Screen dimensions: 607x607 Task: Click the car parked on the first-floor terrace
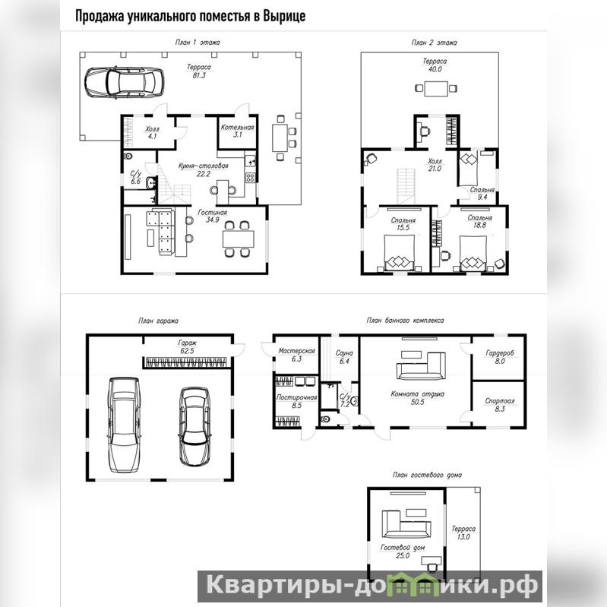(x=124, y=83)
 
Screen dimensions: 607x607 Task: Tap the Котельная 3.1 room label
(x=237, y=131)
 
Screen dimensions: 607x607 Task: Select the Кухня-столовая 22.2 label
(x=204, y=169)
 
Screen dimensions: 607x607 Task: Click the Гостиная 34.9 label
(x=213, y=216)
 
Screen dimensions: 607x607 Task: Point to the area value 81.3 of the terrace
(x=199, y=75)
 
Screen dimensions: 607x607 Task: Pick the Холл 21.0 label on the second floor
(x=435, y=165)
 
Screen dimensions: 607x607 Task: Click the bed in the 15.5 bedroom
(x=399, y=253)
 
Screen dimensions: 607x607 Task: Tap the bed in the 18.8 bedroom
(x=473, y=253)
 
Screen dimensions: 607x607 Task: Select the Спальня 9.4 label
(x=482, y=194)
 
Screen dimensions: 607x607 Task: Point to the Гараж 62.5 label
(x=187, y=347)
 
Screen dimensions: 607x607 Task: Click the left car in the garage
(x=124, y=425)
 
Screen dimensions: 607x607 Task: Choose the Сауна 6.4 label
(x=344, y=357)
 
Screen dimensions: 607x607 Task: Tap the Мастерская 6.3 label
(x=296, y=355)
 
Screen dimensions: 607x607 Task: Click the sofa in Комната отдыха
(x=421, y=366)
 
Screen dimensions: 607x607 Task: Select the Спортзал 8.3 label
(x=500, y=404)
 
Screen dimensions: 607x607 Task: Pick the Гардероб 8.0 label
(x=500, y=357)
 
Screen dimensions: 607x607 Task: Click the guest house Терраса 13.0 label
(x=463, y=533)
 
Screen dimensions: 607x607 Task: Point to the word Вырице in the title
(x=284, y=16)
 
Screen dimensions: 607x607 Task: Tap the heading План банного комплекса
(x=405, y=321)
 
